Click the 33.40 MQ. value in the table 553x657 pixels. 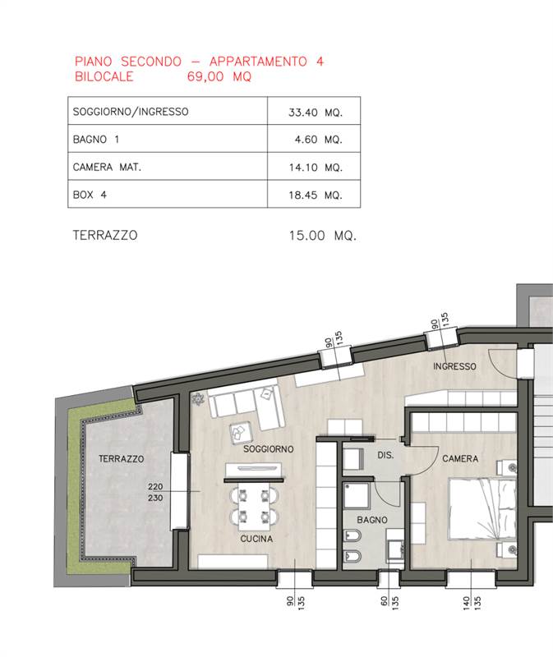pos(316,113)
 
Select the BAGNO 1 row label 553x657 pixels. pos(96,139)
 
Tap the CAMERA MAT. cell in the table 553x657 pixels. pos(107,168)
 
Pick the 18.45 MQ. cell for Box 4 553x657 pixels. pos(316,195)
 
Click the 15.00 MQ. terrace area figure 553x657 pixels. pos(322,236)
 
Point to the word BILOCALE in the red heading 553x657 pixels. pos(104,76)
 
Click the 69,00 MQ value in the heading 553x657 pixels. pos(219,76)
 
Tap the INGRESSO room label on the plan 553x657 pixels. pos(454,366)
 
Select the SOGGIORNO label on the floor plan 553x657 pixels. pos(269,449)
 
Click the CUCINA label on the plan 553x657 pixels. pos(256,539)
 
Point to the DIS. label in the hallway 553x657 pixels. pos(385,455)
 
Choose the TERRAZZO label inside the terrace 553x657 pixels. pos(121,459)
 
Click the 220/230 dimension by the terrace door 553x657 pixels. pos(155,492)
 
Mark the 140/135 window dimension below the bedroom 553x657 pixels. pos(472,604)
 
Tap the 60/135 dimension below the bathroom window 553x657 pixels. pos(389,603)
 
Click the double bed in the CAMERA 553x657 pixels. pos(482,508)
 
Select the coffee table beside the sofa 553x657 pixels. pos(240,433)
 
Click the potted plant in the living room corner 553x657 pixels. pos(197,399)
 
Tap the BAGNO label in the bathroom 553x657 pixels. pos(372,520)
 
